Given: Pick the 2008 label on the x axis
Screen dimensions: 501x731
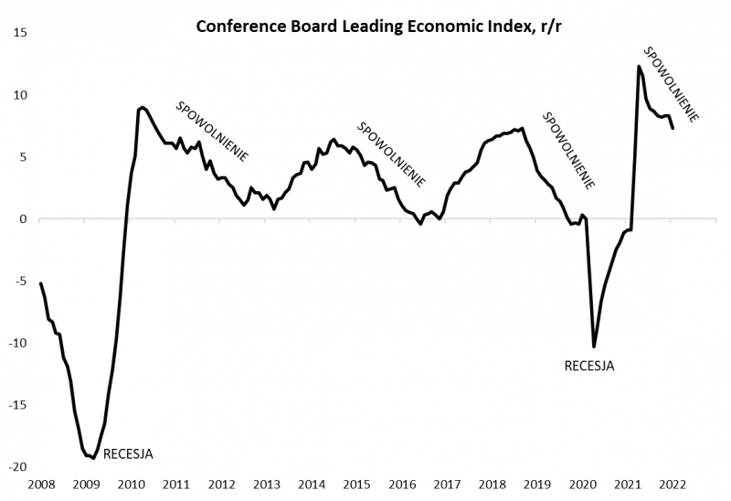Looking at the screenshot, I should [x=41, y=485].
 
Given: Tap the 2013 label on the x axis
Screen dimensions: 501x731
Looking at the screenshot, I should [x=266, y=485].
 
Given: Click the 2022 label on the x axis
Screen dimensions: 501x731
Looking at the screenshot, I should [x=672, y=485].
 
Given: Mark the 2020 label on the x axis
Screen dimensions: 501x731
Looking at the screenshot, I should [x=581, y=485].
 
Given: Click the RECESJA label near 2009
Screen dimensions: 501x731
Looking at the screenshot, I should [x=128, y=453].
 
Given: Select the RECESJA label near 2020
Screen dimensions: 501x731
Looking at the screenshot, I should [x=589, y=367].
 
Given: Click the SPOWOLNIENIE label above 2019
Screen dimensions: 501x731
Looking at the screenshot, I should [x=569, y=150].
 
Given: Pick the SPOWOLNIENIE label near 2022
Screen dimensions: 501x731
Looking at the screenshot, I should [x=672, y=84].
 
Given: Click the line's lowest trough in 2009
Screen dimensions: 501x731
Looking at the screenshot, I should [x=93, y=458].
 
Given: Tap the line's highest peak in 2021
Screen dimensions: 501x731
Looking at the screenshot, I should [x=639, y=66].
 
